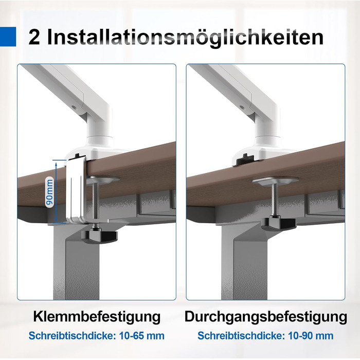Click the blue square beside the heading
[8, 37]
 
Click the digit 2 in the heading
[34, 37]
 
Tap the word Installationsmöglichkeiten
[185, 38]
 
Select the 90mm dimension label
[49, 192]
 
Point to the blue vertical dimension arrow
[56, 191]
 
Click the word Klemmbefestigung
[97, 317]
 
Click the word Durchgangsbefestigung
[266, 317]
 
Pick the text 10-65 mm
[141, 336]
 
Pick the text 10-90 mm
[311, 336]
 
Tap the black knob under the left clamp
[99, 237]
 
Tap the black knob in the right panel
[279, 224]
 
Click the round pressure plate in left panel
[103, 179]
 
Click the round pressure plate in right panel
[276, 180]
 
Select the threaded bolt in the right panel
[275, 200]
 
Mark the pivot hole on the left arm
[74, 107]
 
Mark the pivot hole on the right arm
[242, 107]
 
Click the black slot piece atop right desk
[245, 159]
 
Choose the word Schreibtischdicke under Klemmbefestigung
[71, 336]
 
